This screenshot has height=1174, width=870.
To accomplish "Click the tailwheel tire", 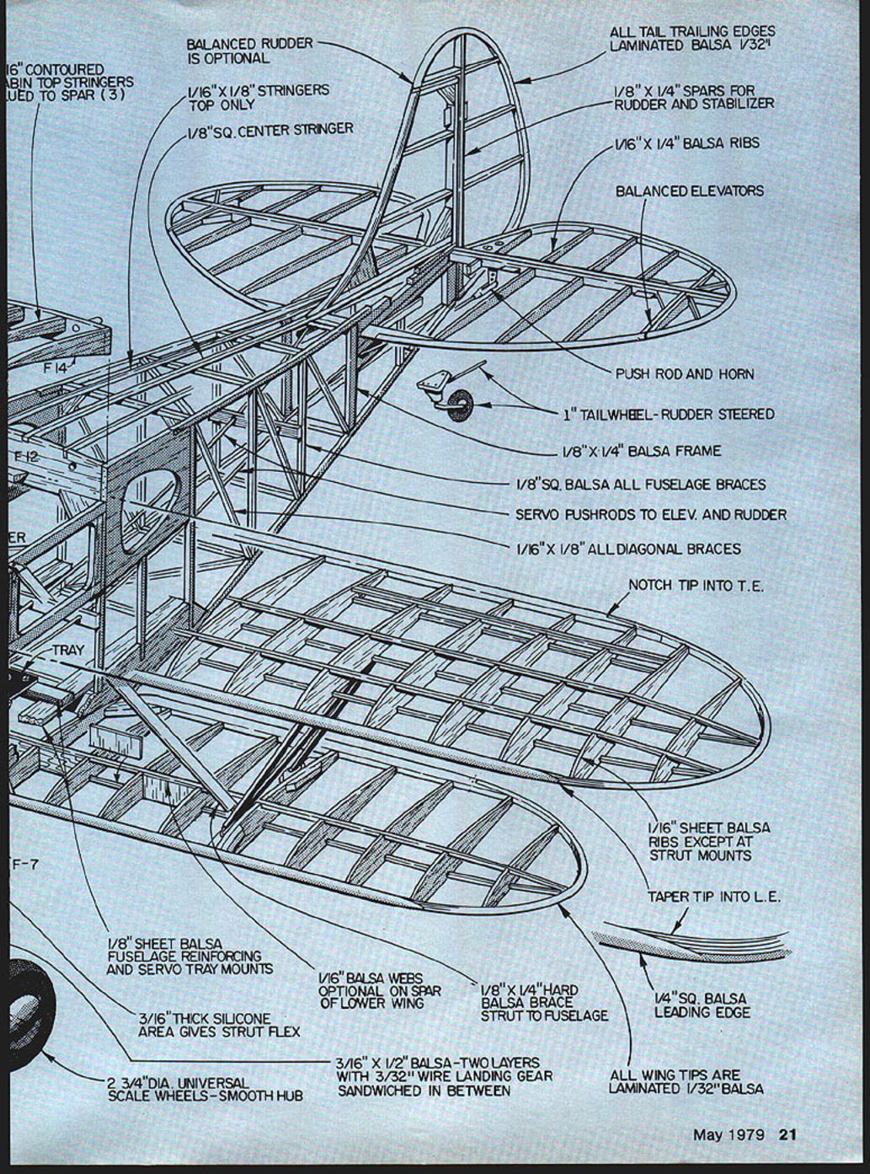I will tap(460, 405).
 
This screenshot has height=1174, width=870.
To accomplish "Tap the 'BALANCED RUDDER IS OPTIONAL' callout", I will tap(249, 51).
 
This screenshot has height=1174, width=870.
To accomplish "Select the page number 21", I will tap(787, 1134).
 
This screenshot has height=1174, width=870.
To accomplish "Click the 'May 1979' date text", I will tap(729, 1134).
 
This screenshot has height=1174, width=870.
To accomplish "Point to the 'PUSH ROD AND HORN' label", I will tap(685, 373).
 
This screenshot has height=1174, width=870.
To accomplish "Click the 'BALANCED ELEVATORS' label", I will tap(690, 191).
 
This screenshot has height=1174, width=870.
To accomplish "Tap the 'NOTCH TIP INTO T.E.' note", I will tap(696, 586).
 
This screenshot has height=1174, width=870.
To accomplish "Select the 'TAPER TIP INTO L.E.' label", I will tap(713, 897).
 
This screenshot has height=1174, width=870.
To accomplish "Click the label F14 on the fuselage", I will tap(55, 367).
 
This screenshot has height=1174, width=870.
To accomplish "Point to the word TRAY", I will tap(67, 651).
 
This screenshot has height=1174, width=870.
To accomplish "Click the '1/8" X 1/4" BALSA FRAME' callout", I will tap(641, 451).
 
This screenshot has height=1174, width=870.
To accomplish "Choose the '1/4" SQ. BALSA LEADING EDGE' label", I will tap(702, 1005).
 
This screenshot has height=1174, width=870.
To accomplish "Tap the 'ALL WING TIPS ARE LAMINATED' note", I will tap(686, 1081).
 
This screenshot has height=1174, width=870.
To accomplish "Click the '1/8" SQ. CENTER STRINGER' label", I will tap(270, 130).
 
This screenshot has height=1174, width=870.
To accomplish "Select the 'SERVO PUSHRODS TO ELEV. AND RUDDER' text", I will tap(651, 514).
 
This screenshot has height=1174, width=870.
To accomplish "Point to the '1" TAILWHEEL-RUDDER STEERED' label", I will tap(669, 415).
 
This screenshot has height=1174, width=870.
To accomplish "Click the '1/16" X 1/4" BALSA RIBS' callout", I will tap(686, 143).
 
